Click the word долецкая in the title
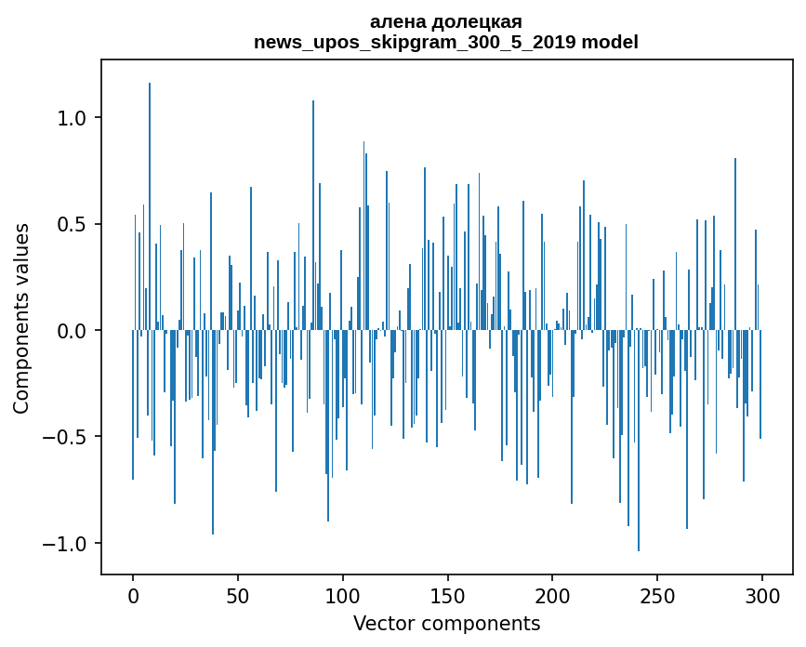point(469,21)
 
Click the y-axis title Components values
point(20,318)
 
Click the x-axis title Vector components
point(446,623)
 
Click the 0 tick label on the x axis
point(133,595)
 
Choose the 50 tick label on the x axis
point(238,595)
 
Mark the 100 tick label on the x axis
point(343,595)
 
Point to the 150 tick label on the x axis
point(447,595)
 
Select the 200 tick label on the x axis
point(552,595)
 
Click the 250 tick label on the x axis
point(657,595)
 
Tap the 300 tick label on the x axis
point(762,595)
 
